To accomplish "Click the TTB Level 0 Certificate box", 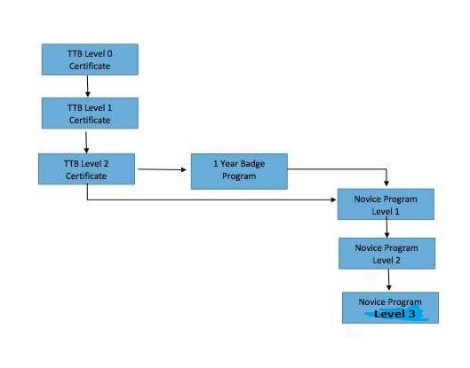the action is pos(90,59).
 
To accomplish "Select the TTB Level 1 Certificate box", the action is pos(90,114).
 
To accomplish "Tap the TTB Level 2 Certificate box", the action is pos(87,169).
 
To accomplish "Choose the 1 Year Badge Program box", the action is pos(239,171).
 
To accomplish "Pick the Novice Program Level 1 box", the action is pos(386,204).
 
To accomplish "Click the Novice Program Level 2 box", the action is pos(387,254).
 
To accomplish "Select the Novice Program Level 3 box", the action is pos(390,308).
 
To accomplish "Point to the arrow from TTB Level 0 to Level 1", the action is pos(88,86).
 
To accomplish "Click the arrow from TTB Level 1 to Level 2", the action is pos(86,143).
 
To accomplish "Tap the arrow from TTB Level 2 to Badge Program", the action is pos(163,169).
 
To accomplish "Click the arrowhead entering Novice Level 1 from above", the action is pos(386,183).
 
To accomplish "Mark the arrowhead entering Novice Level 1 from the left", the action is pos(333,200).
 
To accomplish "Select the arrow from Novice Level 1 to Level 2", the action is pos(386,227).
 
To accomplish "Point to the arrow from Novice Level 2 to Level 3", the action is pos(389,279).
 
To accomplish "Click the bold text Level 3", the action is pos(394,314).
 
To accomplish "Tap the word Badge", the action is pos(252,164).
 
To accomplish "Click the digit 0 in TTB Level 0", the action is pos(109,54).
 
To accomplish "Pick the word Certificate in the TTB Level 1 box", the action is pos(90,120).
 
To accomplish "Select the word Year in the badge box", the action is pos(229,164).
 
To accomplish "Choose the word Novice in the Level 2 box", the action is pos(367,247).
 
